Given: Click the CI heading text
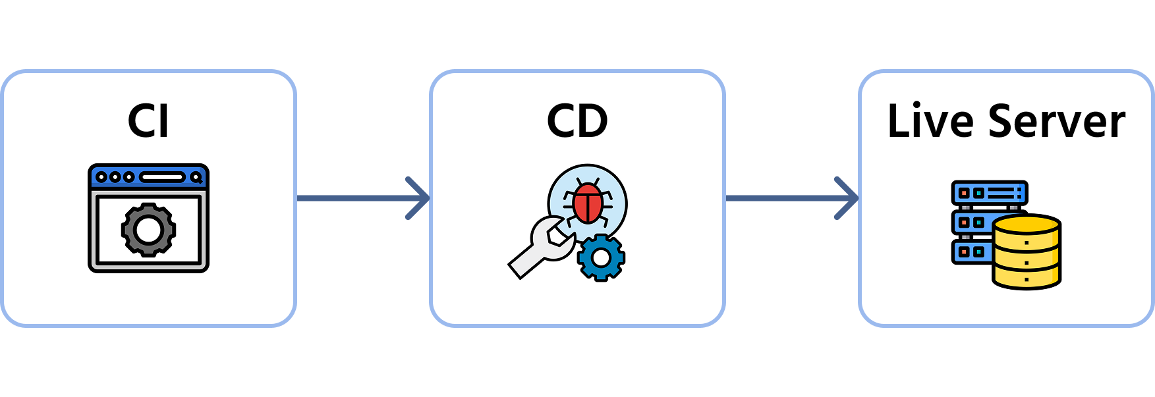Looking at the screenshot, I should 148,121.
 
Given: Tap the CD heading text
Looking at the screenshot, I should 577,121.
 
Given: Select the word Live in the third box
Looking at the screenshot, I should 930,121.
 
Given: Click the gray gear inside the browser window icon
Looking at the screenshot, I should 148,230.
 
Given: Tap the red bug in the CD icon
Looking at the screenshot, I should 587,202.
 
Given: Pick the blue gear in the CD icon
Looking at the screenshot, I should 601,257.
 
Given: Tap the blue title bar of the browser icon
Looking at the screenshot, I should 148,177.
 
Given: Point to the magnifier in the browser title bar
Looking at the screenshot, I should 196,177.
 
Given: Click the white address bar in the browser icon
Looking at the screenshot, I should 162,177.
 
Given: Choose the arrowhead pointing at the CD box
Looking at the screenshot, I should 419,198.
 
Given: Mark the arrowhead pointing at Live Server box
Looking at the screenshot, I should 847,198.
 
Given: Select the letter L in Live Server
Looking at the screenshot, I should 897,121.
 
